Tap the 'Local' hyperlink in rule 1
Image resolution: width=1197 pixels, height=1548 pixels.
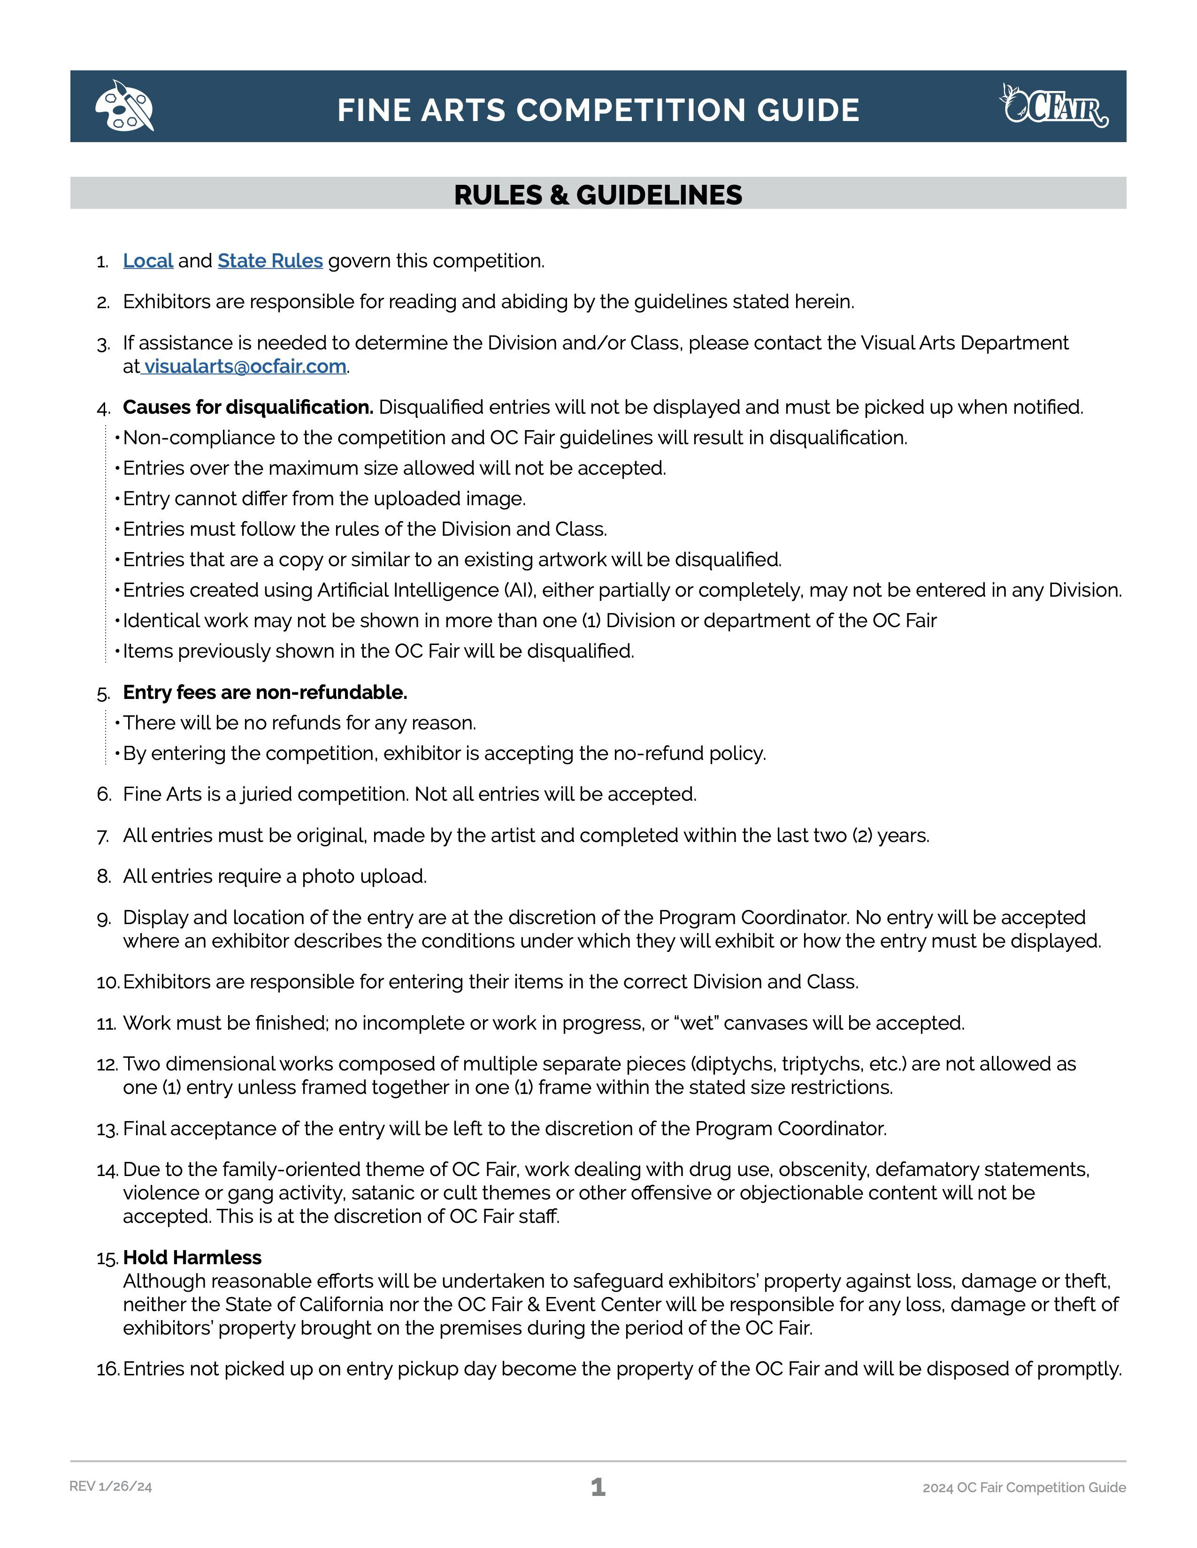(147, 261)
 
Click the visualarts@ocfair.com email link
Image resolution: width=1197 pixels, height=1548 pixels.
(246, 366)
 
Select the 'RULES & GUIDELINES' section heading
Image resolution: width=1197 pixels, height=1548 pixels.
(598, 195)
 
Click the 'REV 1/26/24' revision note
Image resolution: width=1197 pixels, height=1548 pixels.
(111, 1487)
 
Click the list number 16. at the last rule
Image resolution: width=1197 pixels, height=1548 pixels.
(108, 1369)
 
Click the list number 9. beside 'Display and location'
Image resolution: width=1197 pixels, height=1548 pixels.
(104, 918)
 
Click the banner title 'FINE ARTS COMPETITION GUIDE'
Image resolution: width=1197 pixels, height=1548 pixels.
(598, 110)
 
